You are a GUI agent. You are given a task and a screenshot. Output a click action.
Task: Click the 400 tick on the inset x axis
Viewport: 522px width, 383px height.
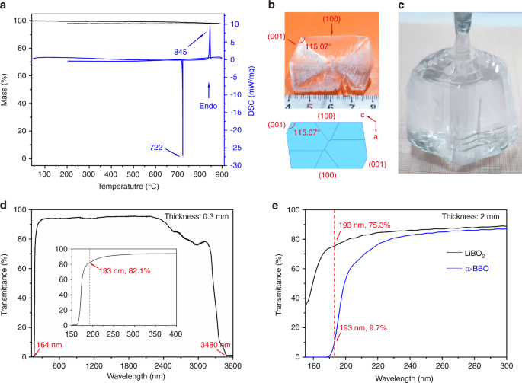[x=175, y=334]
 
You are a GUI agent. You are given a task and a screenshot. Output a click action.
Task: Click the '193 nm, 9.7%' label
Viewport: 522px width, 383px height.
[x=362, y=327]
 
